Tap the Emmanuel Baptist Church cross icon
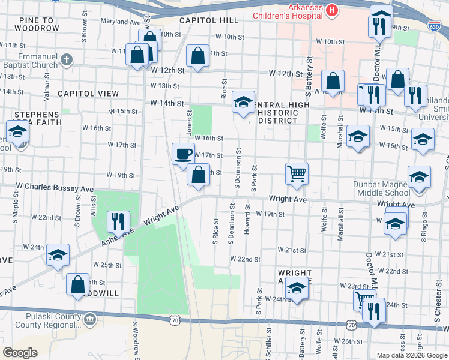pos(67,61)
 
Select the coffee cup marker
pos(183,154)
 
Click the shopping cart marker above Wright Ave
pos(297,174)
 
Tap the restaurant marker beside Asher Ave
pos(118,221)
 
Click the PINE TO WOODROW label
pos(40,25)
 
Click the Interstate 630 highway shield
pos(434,26)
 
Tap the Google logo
pos(20,352)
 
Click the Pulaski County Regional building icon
pos(90,317)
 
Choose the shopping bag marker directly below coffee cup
pos(198,175)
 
